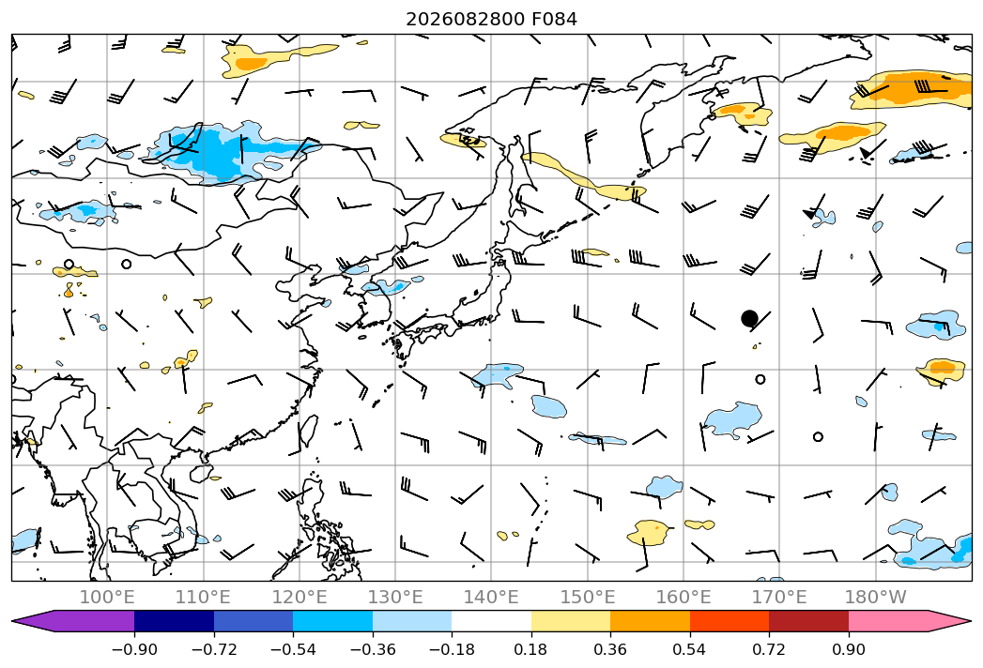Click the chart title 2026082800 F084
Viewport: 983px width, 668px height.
(492, 20)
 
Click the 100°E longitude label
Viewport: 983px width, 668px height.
(107, 597)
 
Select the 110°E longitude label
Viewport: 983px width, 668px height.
(203, 597)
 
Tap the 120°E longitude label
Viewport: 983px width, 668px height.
(300, 597)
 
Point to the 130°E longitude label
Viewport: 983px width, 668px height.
(395, 597)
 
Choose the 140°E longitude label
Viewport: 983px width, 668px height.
(491, 597)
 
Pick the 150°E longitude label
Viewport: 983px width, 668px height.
(588, 597)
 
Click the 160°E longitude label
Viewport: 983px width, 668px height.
(683, 597)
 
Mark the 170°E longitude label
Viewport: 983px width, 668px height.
(779, 597)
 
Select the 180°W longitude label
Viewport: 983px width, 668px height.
(875, 597)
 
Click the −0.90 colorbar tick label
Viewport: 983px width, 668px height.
(134, 649)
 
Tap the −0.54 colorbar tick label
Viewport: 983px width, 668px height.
(293, 649)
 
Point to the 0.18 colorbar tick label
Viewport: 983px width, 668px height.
(530, 649)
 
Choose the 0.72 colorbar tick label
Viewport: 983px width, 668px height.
(769, 649)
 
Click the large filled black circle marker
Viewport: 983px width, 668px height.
(749, 318)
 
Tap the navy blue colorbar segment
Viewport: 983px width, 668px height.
(174, 620)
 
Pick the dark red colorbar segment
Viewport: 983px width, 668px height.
(808, 620)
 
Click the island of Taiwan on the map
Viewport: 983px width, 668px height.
(307, 431)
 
